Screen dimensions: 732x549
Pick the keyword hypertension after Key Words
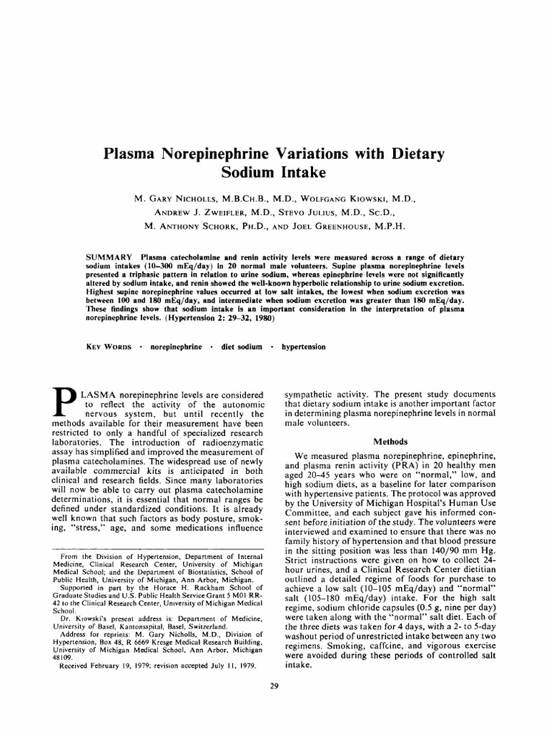coord(304,347)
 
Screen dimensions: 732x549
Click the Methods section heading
coord(392,442)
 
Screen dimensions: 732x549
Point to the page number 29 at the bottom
coord(274,686)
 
